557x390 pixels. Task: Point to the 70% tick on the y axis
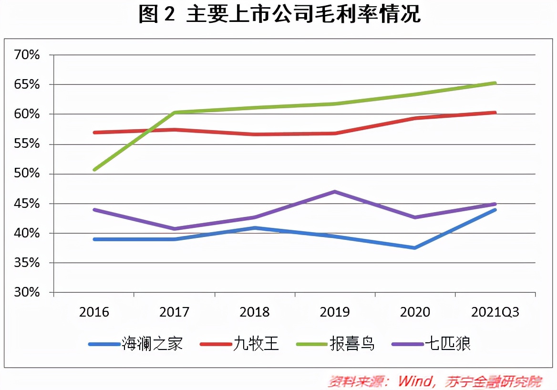pos(27,55)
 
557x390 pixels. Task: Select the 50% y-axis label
pos(27,174)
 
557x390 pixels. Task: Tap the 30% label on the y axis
pos(27,293)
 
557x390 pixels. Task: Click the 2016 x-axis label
pos(94,312)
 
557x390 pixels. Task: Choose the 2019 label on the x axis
pos(334,312)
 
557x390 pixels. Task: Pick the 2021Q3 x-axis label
pos(495,312)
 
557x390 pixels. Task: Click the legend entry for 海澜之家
pos(136,344)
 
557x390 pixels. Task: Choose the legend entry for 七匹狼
pos(431,344)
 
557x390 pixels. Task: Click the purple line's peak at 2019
pos(335,192)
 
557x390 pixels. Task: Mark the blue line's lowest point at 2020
pos(415,248)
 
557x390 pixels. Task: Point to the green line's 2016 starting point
pos(94,170)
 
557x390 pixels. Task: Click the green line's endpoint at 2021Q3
pos(495,83)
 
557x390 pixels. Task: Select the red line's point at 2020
pos(415,118)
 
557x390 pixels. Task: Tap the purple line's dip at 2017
pos(175,229)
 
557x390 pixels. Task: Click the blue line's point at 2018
pos(255,228)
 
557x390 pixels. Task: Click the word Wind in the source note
pos(415,381)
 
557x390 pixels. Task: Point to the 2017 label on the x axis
pos(174,312)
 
